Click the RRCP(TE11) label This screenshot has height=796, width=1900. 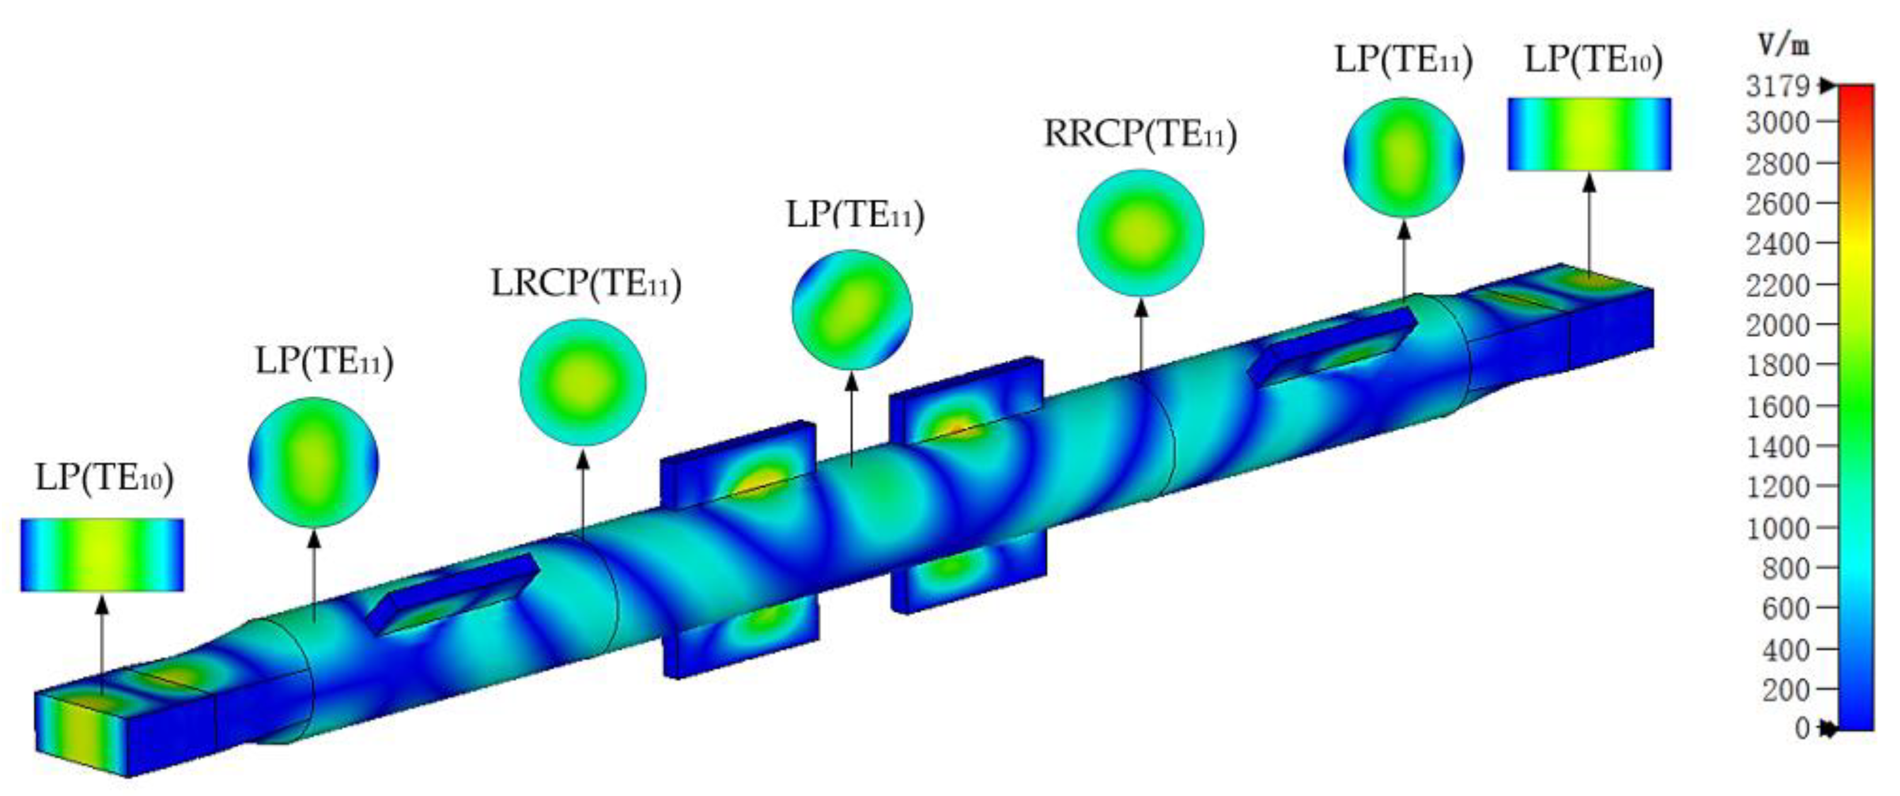(x=1140, y=134)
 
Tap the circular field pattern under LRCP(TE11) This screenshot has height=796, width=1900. (x=583, y=382)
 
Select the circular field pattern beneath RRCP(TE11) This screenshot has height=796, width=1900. (x=1140, y=233)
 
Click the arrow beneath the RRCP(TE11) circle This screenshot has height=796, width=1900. (x=1141, y=339)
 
